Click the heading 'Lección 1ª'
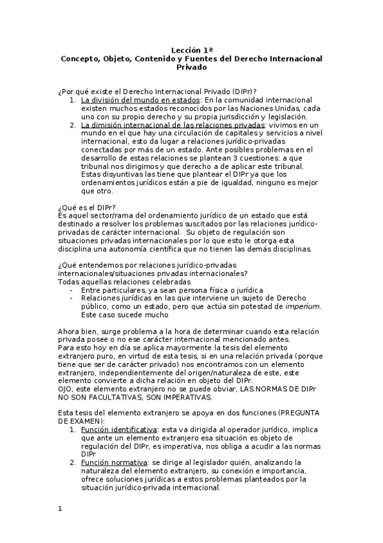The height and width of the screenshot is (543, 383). (x=191, y=49)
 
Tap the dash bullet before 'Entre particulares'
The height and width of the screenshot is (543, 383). (x=70, y=289)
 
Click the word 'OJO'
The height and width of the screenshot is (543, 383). (x=65, y=388)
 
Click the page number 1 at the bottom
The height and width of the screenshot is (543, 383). (x=59, y=510)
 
